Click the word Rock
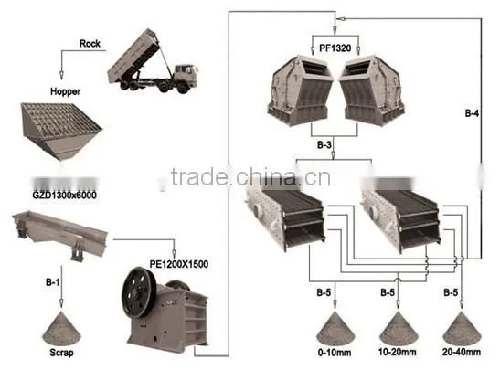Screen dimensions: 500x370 90,44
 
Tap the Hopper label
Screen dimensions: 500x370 66,91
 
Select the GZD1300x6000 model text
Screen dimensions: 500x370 64,195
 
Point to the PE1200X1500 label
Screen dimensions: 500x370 179,264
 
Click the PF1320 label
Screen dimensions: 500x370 335,48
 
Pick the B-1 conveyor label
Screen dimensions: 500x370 53,282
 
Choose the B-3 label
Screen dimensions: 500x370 324,145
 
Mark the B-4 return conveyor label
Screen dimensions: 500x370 472,113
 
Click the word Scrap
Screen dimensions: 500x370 61,353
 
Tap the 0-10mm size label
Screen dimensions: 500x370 335,352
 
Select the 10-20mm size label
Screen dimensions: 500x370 398,352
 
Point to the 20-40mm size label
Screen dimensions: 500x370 462,352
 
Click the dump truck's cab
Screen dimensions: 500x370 185,76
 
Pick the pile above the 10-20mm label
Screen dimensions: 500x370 399,328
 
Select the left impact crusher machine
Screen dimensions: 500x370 300,90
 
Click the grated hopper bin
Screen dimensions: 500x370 61,132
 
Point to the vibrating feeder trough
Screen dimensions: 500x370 60,233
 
